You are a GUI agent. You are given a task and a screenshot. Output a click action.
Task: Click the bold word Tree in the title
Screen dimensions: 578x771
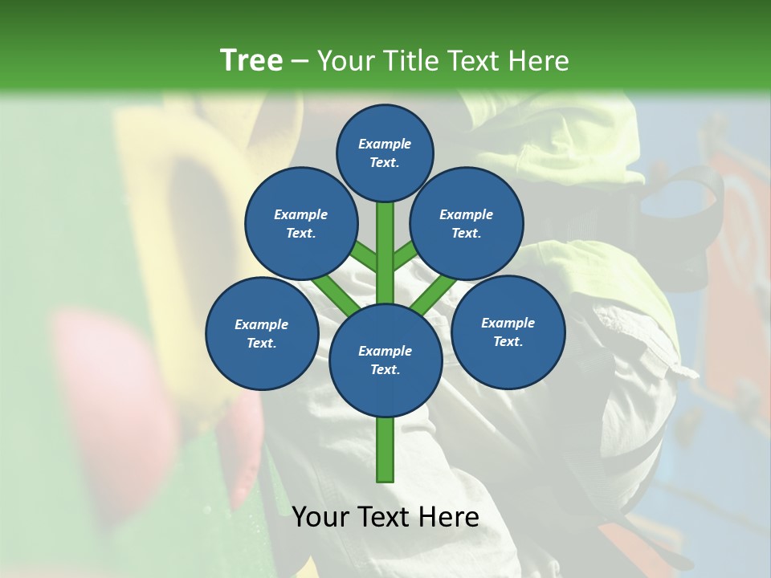(x=251, y=60)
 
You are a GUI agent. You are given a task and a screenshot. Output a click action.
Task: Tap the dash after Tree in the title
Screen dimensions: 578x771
(x=300, y=62)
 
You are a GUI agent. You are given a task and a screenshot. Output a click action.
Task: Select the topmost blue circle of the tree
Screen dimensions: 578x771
(x=385, y=153)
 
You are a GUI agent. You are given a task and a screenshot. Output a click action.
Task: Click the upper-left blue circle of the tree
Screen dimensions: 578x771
(x=300, y=224)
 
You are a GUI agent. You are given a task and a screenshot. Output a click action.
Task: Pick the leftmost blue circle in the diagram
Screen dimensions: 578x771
(x=261, y=333)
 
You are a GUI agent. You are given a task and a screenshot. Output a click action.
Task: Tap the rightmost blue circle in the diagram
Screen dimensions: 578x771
(x=508, y=332)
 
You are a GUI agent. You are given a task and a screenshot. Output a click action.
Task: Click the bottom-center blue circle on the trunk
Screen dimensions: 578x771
(x=385, y=360)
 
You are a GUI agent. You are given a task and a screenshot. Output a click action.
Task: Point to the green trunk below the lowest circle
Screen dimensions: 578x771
(x=385, y=450)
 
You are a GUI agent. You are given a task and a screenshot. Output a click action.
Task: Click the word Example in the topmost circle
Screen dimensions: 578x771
(x=385, y=144)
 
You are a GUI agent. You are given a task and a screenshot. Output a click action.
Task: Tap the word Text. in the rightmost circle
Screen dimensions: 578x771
(x=508, y=341)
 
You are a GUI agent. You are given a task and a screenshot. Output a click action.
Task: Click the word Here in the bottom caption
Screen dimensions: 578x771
(x=449, y=517)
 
